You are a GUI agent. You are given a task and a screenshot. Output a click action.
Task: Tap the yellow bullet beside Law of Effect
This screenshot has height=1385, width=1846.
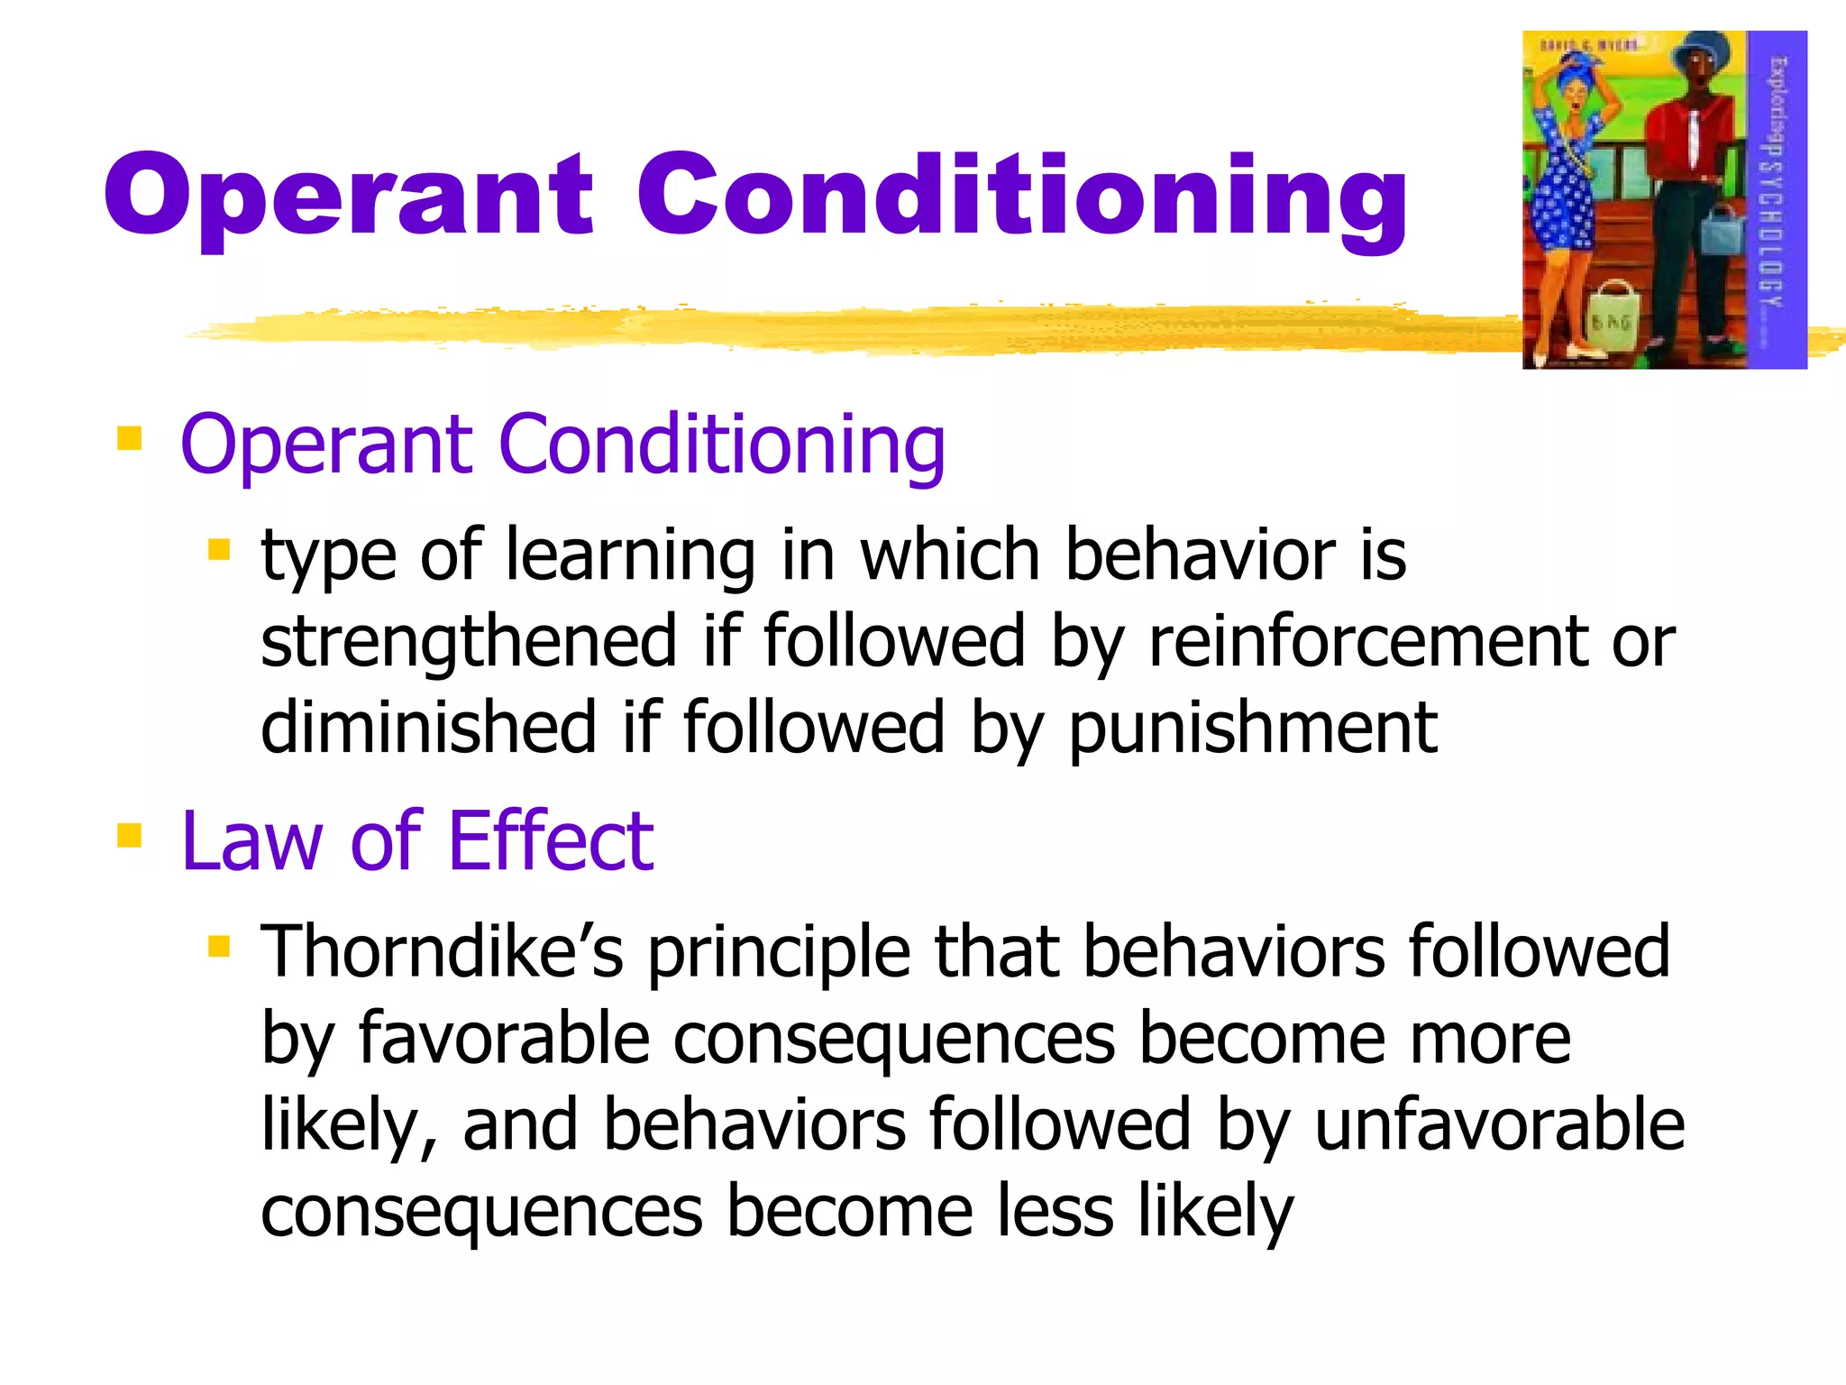coord(130,836)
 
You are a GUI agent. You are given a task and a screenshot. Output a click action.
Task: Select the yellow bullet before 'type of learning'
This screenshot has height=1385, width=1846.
coord(219,549)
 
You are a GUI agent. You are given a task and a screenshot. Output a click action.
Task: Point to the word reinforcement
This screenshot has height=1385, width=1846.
coord(1368,641)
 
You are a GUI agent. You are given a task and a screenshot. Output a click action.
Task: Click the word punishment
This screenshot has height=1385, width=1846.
coord(1253,729)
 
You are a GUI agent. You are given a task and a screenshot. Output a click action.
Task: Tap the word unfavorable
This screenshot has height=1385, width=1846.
coord(1499,1125)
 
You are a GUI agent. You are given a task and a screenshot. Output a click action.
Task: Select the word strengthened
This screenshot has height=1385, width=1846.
coord(469,641)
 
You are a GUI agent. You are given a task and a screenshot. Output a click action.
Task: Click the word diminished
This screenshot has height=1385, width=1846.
coord(428,727)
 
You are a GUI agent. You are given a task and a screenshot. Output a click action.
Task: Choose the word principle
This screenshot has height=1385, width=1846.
coord(780,954)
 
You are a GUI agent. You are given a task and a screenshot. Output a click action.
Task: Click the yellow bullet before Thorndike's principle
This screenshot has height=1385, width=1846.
coord(219,947)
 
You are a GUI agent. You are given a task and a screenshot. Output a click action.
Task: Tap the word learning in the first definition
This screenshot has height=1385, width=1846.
coord(630,555)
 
